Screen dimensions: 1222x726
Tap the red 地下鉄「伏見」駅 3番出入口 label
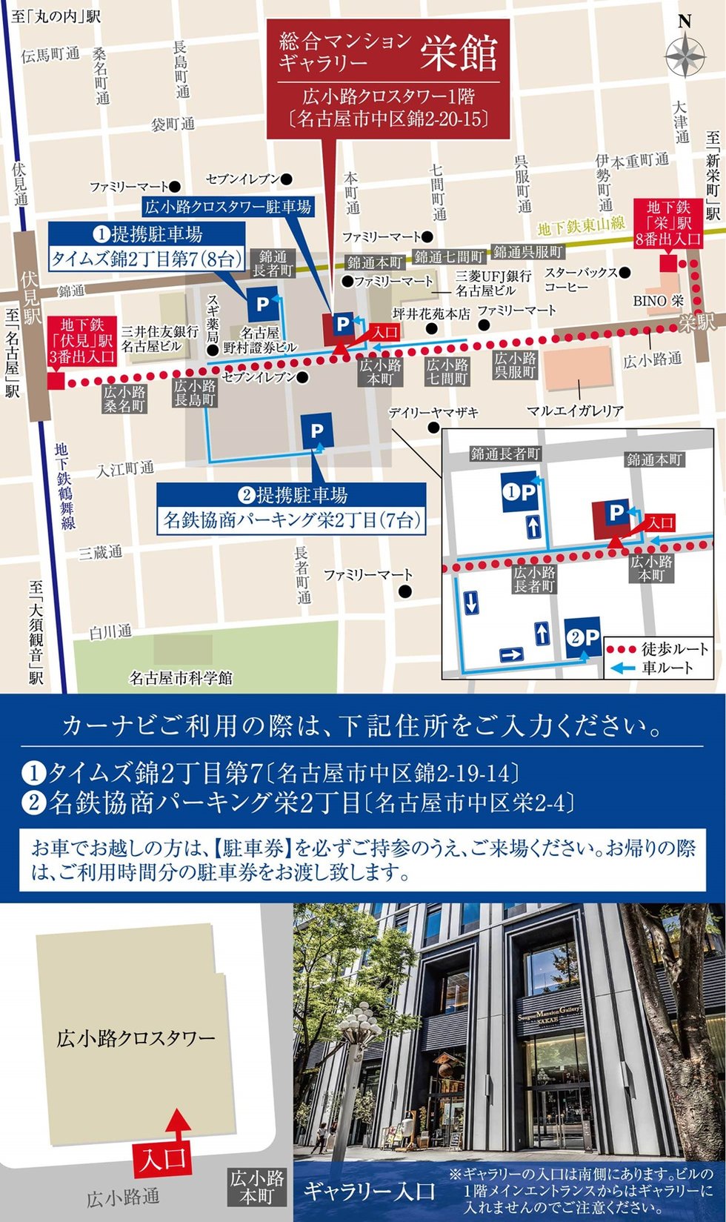coord(81,340)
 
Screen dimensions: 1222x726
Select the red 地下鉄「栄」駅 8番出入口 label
coord(668,222)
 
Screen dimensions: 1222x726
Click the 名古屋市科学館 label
coord(181,677)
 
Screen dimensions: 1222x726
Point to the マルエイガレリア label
coord(575,411)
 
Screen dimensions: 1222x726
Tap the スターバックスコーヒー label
coord(581,279)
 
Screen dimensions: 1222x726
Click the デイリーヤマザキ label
coord(433,413)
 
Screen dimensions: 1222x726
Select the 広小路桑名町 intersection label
coord(124,399)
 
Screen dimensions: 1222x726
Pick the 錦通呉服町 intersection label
coord(528,252)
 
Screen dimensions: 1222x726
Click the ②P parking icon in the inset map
coord(583,637)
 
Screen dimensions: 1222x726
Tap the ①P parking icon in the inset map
coord(519,493)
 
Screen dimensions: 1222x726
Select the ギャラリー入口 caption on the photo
coord(369,1192)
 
